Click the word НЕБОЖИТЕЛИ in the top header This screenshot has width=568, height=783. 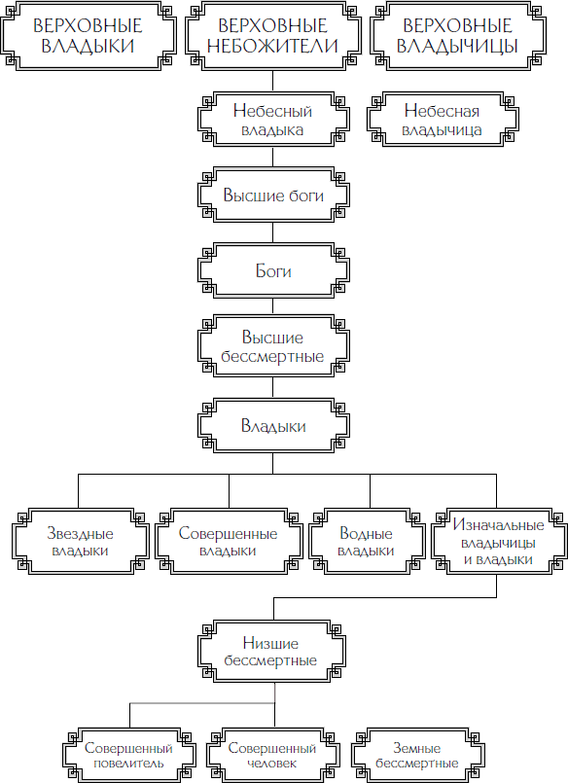(272, 46)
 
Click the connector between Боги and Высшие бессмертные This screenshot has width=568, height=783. (273, 306)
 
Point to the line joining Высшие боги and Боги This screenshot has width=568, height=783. (273, 232)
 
